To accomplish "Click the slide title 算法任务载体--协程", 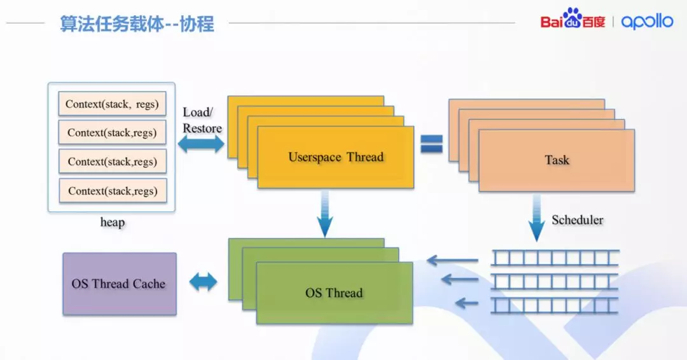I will click(x=137, y=24).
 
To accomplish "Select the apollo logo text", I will click(x=647, y=22).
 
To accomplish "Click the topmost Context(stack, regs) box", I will click(x=112, y=104).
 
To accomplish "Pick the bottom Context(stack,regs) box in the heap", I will click(x=113, y=191).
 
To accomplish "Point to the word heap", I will click(x=113, y=223).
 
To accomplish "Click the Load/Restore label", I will click(x=202, y=120).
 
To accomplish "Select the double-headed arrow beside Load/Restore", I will click(x=201, y=144).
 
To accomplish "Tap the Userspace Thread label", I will click(x=336, y=157).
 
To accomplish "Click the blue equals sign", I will click(x=431, y=144).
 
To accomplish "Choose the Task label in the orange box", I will click(x=557, y=160).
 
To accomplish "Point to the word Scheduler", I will click(x=578, y=220).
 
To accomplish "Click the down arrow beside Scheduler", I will click(x=537, y=218).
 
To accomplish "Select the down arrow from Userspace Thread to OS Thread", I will click(x=325, y=216).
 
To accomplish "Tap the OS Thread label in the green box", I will click(x=334, y=293).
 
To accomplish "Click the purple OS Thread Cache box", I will click(x=120, y=284).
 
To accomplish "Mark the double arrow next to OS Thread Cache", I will click(x=204, y=282).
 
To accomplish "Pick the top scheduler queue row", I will click(x=555, y=258).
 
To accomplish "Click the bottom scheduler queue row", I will click(x=555, y=305).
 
